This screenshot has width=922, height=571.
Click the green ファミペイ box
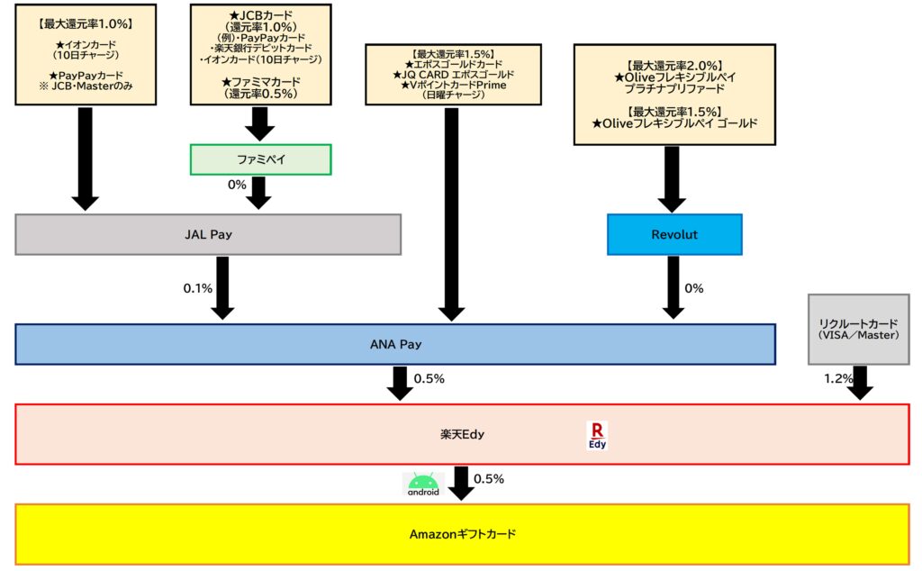coord(260,159)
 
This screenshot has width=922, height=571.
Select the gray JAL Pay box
coord(208,234)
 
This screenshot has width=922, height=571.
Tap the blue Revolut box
coord(674,234)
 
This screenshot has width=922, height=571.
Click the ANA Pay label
coord(395,344)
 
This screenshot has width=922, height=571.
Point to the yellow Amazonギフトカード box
coord(463,534)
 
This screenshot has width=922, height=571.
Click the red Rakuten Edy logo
coord(597,435)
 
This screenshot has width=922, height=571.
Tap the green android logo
coord(423,485)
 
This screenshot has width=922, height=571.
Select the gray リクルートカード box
coord(858,329)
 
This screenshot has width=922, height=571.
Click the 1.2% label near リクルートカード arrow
coord(837,379)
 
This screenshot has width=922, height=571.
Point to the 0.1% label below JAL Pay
coord(197,288)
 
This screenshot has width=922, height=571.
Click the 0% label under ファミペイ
coord(237,185)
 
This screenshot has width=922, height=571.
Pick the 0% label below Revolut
coord(694,288)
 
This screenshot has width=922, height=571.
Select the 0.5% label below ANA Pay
coord(429,379)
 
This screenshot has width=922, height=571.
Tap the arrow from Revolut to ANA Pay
coord(673,286)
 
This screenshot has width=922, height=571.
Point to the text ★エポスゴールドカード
coord(453,64)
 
